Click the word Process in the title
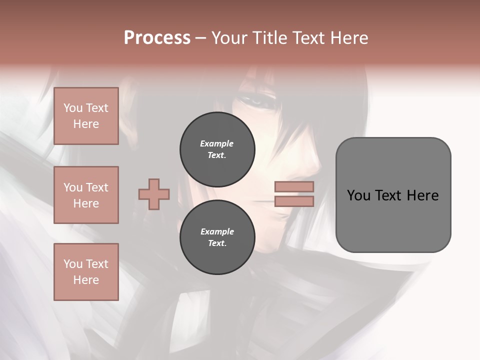click(x=157, y=37)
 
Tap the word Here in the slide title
click(x=348, y=37)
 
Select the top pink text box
click(x=86, y=116)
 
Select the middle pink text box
click(x=86, y=195)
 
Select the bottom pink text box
click(x=86, y=271)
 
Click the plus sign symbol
click(x=154, y=194)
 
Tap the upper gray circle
click(x=217, y=149)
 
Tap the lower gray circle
click(x=217, y=237)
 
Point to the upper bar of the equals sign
click(x=294, y=187)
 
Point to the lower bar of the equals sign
click(x=294, y=201)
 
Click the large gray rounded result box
click(x=393, y=194)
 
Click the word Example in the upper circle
click(x=217, y=143)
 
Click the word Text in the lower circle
click(x=216, y=243)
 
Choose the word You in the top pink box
click(x=72, y=108)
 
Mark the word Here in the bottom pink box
click(x=86, y=280)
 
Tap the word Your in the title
click(x=228, y=37)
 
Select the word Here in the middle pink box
click(x=86, y=203)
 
